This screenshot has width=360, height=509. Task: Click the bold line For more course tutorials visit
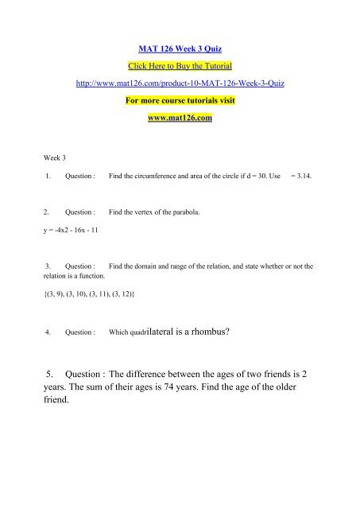pos(180,99)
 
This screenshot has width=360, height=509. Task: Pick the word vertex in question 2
pos(138,214)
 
